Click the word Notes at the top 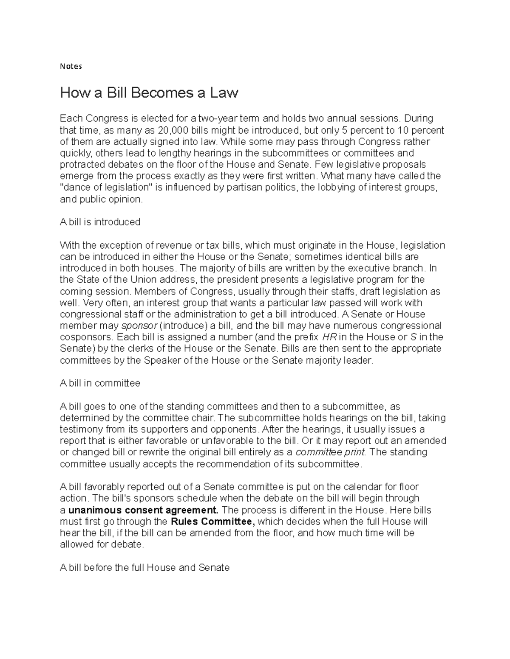point(71,66)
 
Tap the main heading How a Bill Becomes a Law point(149,93)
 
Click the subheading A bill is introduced point(100,222)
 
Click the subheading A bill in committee point(100,383)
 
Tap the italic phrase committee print point(331,452)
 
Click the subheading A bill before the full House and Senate point(144,567)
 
